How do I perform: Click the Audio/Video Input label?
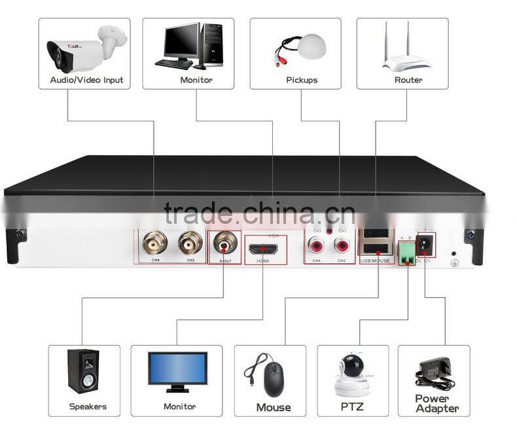pos(86,80)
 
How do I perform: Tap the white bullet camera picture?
pos(85,48)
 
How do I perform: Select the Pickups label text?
pos(302,80)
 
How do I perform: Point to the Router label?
pos(408,80)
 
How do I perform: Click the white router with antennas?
pos(406,52)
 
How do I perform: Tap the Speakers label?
pos(88,406)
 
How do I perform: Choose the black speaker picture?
pos(83,371)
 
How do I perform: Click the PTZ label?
pos(353,407)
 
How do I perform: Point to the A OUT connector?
pos(224,245)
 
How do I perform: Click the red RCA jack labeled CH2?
pos(342,246)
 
